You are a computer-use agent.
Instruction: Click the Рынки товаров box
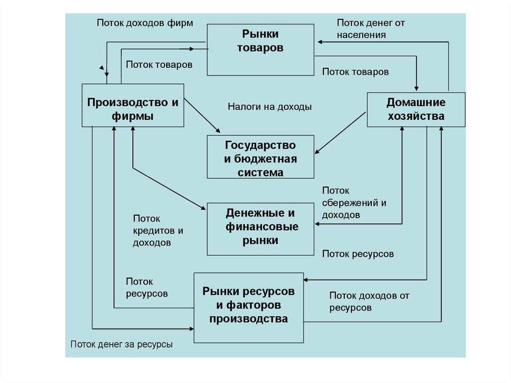pos(260,49)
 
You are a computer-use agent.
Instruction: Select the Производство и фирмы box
pos(133,105)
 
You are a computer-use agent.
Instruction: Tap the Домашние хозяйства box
pos(416,109)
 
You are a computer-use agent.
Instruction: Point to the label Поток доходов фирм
pos(145,23)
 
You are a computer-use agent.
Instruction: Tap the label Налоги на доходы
pos(269,106)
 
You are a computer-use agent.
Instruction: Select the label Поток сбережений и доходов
pos(354,203)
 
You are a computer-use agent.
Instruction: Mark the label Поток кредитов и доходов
pos(158,231)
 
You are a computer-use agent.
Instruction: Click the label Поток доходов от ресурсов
pos(369,302)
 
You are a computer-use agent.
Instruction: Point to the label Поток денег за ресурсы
pos(121,344)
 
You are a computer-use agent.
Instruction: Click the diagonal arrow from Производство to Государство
pos(202,115)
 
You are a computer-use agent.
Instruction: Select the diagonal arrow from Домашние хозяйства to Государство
pos(340,132)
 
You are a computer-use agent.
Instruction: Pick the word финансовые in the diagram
pos(262,227)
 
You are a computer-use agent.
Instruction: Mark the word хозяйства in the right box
pos(416,116)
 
